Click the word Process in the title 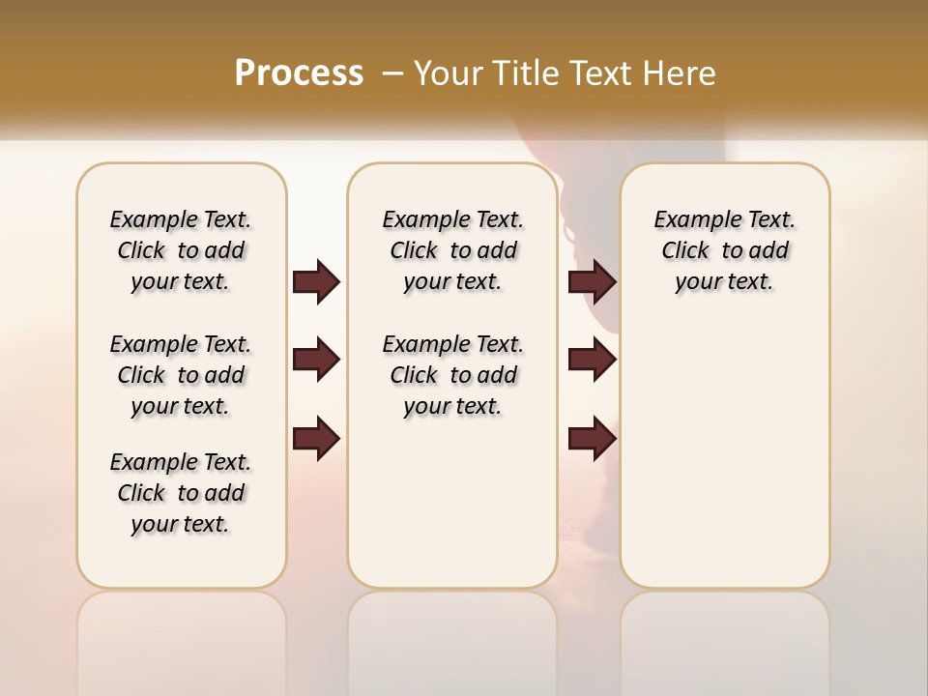point(299,72)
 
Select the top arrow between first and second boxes point(316,281)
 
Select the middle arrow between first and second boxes point(316,360)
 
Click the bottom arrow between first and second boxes point(316,438)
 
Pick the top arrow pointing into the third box point(592,281)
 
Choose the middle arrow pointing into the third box point(592,360)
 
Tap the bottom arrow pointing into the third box point(592,438)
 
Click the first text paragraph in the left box point(181,250)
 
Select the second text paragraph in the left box point(181,375)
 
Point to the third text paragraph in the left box point(181,493)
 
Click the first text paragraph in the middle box point(453,250)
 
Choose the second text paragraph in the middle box point(453,375)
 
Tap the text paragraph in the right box point(725,250)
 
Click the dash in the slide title point(392,72)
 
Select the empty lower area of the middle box point(453,503)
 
